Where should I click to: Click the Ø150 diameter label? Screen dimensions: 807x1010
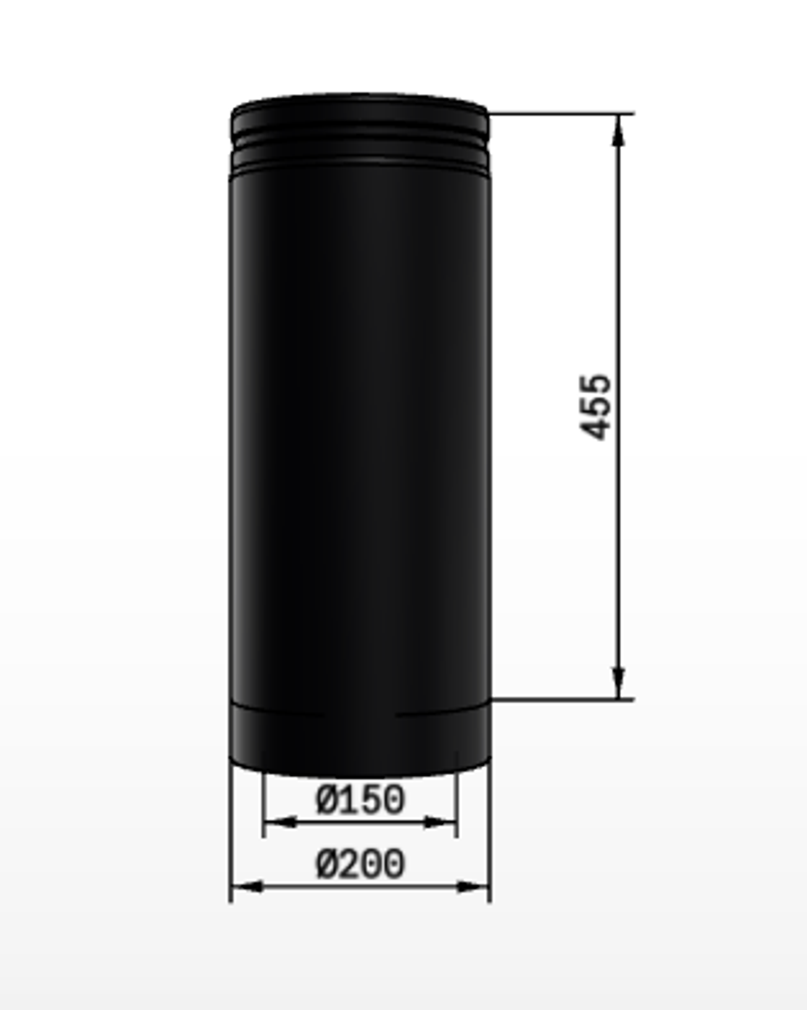point(360,800)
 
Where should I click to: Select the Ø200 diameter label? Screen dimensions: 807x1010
point(360,865)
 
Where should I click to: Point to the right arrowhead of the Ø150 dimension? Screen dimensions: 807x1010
point(439,822)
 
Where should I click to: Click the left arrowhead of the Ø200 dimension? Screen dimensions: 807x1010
point(247,887)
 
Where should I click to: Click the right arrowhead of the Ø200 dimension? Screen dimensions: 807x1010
point(472,887)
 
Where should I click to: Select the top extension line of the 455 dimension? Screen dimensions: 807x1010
point(562,114)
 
